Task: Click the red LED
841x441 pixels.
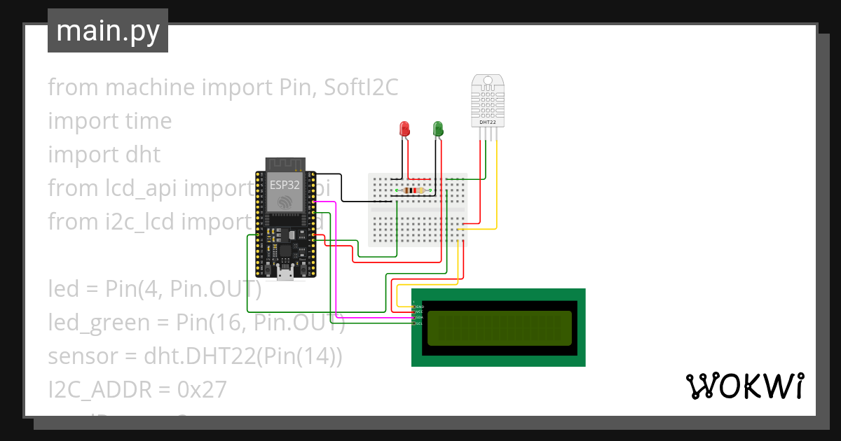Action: click(404, 129)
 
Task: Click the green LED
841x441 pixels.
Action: click(438, 129)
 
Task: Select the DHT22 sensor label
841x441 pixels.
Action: click(487, 122)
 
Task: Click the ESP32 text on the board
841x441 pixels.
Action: click(285, 185)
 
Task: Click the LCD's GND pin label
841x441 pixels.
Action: click(419, 307)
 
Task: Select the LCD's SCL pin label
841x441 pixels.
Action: click(419, 323)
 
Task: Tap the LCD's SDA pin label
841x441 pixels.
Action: click(419, 318)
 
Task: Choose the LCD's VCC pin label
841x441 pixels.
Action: click(419, 312)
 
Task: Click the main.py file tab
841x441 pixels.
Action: click(108, 31)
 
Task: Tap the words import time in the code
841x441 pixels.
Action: click(109, 121)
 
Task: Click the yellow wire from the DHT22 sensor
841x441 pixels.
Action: click(496, 189)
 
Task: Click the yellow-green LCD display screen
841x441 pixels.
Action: click(498, 328)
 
